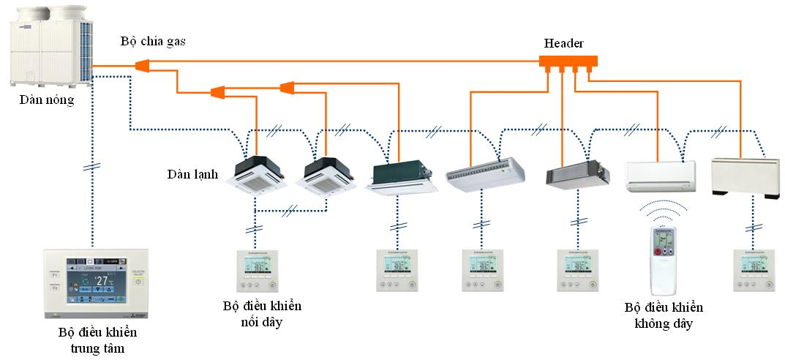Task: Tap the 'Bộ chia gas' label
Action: [153, 42]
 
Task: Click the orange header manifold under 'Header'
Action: [568, 63]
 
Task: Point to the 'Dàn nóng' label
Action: [47, 100]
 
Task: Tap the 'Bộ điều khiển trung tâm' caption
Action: [98, 340]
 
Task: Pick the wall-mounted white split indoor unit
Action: [661, 176]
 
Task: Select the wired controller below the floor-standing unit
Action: [753, 271]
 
